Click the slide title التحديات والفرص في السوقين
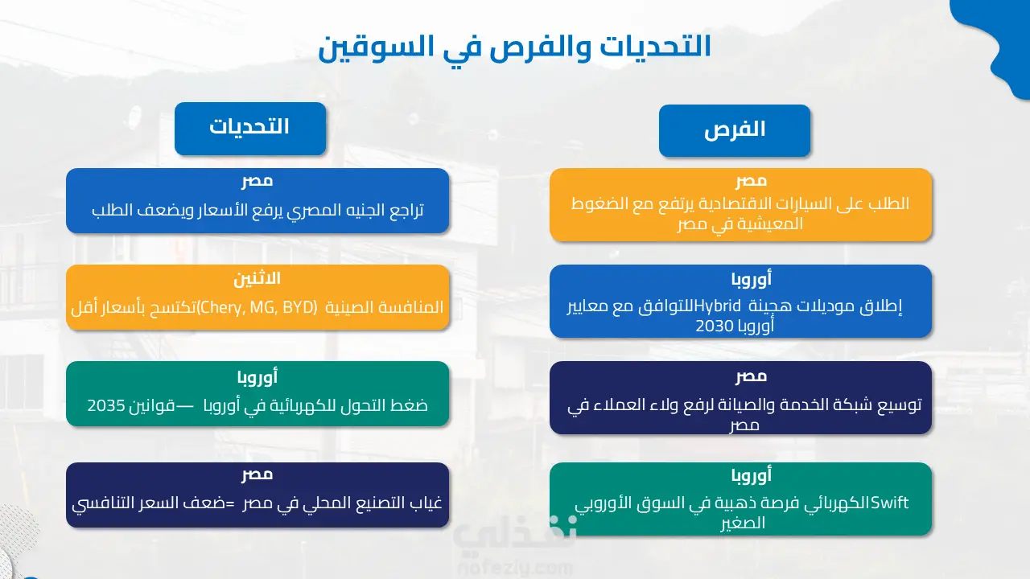(514, 47)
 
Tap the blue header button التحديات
(250, 129)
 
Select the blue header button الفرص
(735, 131)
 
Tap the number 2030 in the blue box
(715, 326)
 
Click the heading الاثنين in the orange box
(257, 278)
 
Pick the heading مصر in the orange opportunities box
(751, 181)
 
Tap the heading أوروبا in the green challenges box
(257, 377)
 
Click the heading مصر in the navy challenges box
(257, 474)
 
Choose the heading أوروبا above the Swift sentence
(752, 475)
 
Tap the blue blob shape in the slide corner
(998, 41)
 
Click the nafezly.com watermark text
(515, 569)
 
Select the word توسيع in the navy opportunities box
(900, 404)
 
